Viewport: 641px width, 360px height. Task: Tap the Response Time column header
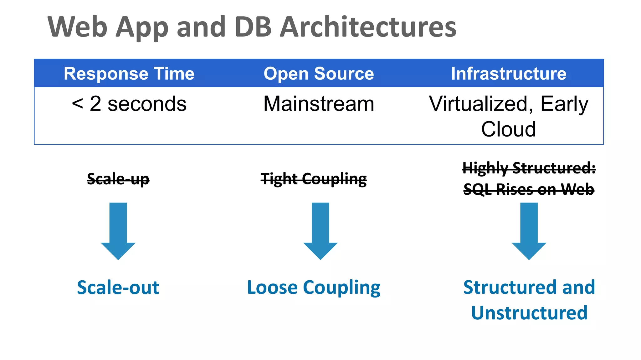(129, 73)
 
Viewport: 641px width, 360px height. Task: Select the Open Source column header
(319, 73)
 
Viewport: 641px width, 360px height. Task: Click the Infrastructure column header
(508, 73)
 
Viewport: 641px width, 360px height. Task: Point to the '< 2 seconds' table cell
(129, 104)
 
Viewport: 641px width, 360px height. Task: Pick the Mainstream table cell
(319, 104)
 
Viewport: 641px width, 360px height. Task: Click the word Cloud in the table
(508, 129)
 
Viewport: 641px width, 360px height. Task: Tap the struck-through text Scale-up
(118, 179)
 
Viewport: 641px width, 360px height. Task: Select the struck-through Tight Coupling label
(314, 179)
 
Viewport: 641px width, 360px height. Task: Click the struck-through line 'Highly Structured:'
(529, 168)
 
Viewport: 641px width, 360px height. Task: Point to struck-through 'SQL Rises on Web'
(529, 189)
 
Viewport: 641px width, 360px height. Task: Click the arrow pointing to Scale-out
(118, 231)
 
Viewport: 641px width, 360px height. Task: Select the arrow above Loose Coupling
(320, 231)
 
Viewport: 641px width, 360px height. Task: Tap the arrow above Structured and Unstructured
(529, 231)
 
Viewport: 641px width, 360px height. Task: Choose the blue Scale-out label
(118, 287)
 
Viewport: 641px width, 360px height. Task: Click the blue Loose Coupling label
(314, 287)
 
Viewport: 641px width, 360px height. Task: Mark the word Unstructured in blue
(529, 313)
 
